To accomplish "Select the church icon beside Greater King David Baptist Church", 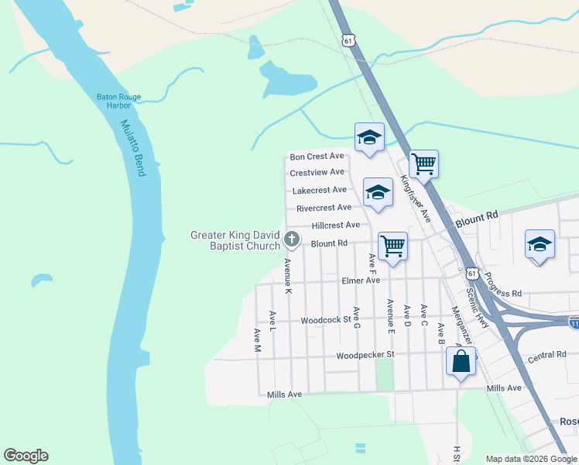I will pos(292,239).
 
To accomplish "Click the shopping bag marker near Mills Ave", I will pos(461,362).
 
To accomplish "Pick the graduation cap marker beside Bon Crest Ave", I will pos(370,139).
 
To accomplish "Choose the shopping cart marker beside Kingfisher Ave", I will pos(423,164).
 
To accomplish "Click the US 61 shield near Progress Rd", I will pos(471,274).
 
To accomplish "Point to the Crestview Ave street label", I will pos(317,172).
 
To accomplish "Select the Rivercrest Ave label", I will pos(324,208).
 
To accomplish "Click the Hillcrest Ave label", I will pos(335,225).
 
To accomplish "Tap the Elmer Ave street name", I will pos(361,281).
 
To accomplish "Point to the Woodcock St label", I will pos(326,319).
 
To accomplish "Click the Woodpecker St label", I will pos(365,355).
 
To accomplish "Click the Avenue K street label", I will pos(287,275).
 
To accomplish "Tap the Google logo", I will pos(26,456).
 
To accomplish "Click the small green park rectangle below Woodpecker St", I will pos(384,375).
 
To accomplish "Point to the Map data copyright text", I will pos(531,459).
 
